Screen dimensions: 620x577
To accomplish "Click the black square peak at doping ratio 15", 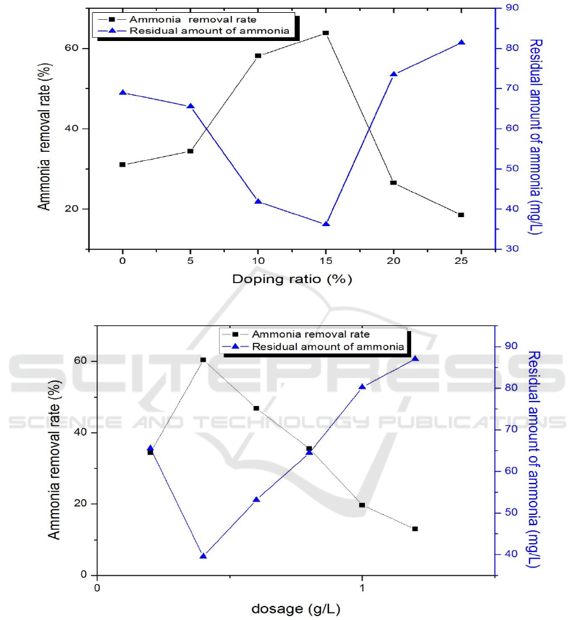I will (x=325, y=33).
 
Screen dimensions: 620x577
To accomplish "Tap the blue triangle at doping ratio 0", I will (x=122, y=93).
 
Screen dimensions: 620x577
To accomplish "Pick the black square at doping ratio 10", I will (x=258, y=56).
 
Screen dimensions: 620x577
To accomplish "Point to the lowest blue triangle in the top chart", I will (x=325, y=224).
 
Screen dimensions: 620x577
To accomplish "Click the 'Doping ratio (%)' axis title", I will (x=292, y=279).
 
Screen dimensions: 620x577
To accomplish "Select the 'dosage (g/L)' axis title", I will (x=292, y=607).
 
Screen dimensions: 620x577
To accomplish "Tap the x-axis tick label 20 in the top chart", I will (x=393, y=262).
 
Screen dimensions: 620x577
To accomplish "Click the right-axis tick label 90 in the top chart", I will (x=512, y=8).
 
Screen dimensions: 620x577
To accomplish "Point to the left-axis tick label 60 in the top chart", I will (x=74, y=49).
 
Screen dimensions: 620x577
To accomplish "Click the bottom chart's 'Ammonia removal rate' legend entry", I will (x=311, y=334).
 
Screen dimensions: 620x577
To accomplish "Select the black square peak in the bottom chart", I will (x=203, y=360).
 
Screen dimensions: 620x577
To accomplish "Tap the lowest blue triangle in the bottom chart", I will (x=203, y=556).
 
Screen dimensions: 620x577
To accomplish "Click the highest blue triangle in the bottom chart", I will (x=415, y=359).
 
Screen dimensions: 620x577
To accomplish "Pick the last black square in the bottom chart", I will (x=415, y=529).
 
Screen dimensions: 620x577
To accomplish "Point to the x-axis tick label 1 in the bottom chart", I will (x=362, y=587).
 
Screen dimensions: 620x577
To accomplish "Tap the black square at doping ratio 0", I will (x=122, y=165).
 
